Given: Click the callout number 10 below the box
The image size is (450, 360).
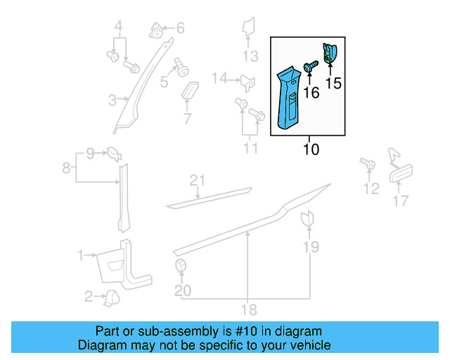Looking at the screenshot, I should coord(311,149).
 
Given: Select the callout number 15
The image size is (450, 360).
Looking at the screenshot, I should coord(333,84).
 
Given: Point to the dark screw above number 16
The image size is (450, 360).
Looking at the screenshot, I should coord(310,65).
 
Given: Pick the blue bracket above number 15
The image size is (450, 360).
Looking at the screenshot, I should coord(330,55).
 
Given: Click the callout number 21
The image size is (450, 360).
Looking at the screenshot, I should coord(198,181).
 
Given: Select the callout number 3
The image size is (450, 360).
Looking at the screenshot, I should coord(112,101).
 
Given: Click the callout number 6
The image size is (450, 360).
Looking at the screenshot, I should coord(180,29).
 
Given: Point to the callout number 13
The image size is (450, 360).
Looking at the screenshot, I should coord(250,57).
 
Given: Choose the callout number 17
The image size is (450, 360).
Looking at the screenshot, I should coord(400,202).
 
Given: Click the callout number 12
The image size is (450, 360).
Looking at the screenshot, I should coord(371,188).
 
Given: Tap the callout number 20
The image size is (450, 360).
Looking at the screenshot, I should coord(182,290).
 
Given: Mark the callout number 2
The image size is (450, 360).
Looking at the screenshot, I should coord(89,297).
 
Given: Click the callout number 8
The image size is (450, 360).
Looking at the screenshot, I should coord(66,168).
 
